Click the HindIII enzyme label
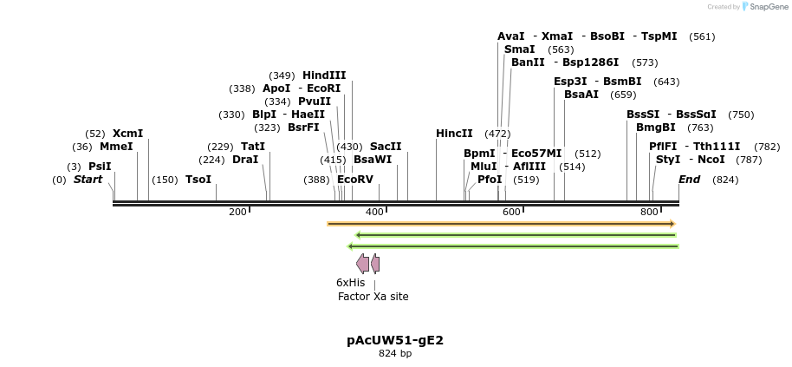(324, 75)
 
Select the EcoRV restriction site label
(355, 180)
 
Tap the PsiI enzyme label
(100, 167)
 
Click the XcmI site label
(127, 134)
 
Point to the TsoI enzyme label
(198, 180)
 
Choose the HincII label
(454, 134)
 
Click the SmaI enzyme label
(519, 49)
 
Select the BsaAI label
(581, 95)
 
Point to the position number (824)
(725, 180)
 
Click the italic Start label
(88, 180)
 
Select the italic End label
(689, 180)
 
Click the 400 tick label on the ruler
(374, 213)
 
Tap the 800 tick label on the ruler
(649, 213)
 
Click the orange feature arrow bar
(501, 224)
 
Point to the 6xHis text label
(350, 282)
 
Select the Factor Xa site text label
(373, 297)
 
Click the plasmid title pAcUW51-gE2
(395, 340)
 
